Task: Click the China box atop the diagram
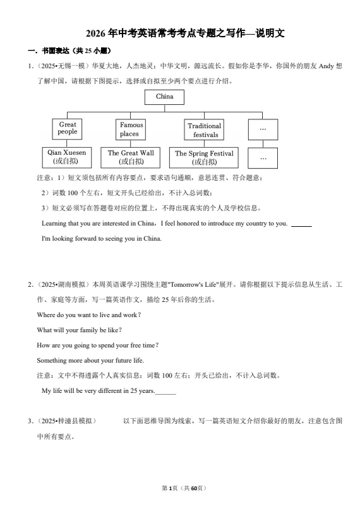[164, 97]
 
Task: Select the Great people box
[67, 128]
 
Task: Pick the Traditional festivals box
[205, 130]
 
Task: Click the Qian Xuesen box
[67, 157]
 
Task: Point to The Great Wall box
[131, 157]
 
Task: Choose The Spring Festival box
[204, 157]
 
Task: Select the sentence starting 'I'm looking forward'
[101, 239]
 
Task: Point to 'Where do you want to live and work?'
[88, 315]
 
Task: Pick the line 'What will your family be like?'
[79, 330]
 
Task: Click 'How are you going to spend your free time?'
[97, 345]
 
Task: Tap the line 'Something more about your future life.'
[90, 360]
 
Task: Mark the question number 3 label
[30, 421]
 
